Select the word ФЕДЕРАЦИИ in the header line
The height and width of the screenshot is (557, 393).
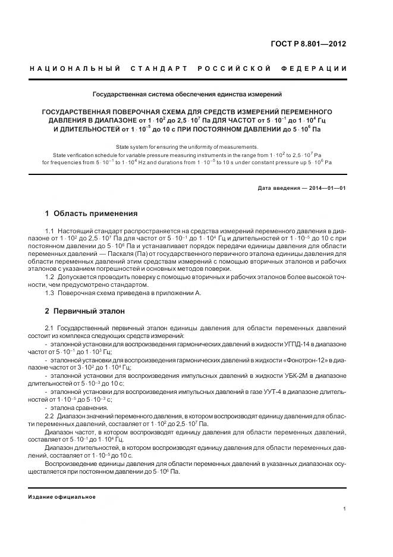318,68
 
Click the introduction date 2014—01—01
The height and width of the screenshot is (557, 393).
326,189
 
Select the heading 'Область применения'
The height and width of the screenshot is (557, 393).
95,213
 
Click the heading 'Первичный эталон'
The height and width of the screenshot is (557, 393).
89,311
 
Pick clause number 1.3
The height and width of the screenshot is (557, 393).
51,293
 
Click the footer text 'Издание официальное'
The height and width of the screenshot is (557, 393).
62,496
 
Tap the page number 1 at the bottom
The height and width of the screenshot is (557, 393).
345,508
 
